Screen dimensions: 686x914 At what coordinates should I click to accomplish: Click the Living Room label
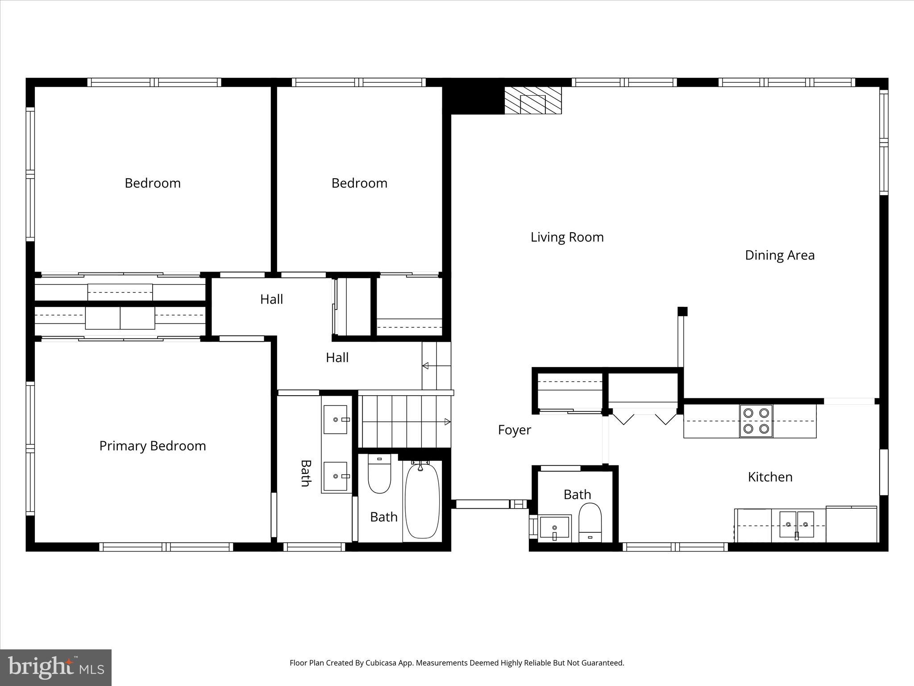(x=567, y=237)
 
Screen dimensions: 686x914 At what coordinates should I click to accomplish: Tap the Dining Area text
(x=780, y=255)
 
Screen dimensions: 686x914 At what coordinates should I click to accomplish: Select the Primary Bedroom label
(x=152, y=446)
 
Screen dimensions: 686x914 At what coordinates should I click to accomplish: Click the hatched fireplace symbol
(x=533, y=100)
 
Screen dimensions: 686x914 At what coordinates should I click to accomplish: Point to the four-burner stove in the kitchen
(x=756, y=421)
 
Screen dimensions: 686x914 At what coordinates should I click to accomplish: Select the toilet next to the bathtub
(x=379, y=474)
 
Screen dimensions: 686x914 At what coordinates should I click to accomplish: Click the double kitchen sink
(x=797, y=525)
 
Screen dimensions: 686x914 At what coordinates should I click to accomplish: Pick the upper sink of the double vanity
(x=335, y=419)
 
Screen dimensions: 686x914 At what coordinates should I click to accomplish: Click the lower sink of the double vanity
(x=335, y=476)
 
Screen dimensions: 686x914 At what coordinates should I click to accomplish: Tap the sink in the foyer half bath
(x=554, y=528)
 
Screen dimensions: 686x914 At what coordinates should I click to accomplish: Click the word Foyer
(x=514, y=430)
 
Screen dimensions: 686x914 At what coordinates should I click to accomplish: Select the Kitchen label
(x=770, y=477)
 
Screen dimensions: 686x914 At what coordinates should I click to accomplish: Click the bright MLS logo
(x=56, y=668)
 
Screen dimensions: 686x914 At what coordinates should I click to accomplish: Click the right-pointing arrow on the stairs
(x=447, y=422)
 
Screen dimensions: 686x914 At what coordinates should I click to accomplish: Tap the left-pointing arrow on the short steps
(x=426, y=366)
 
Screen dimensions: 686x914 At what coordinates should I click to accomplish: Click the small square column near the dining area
(x=682, y=311)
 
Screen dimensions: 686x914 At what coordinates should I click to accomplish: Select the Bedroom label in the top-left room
(x=152, y=183)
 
